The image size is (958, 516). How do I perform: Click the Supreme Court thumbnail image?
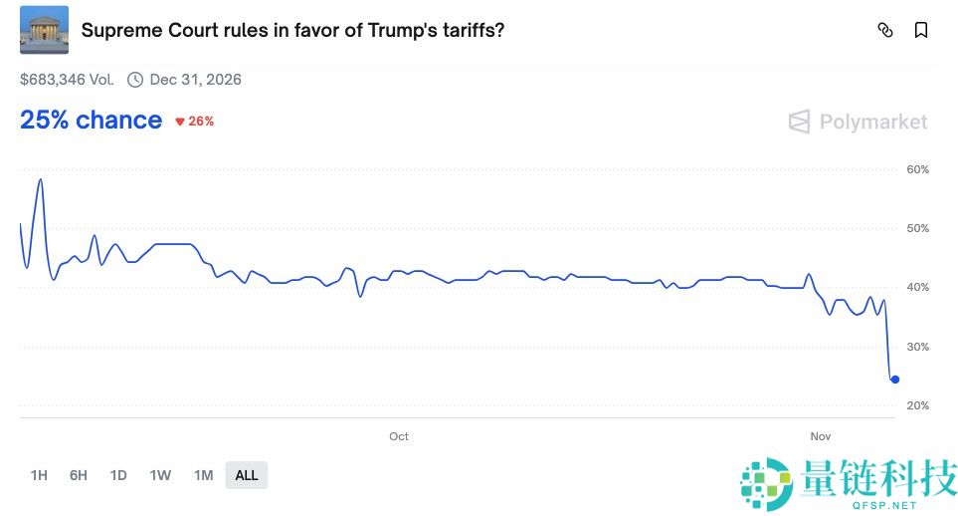pos(44,30)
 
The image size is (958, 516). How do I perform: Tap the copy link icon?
pos(884,30)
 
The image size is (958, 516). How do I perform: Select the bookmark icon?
pos(921,30)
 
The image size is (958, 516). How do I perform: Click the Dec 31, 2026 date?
pos(195,80)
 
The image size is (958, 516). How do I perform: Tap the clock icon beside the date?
pos(135,80)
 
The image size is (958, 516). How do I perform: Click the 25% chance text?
pos(91,121)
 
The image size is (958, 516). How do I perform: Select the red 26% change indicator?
pos(195,122)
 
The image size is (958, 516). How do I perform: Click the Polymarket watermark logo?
pos(858,122)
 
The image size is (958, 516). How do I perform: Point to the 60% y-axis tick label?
pos(917,169)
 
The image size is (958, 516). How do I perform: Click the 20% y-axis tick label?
pos(917,405)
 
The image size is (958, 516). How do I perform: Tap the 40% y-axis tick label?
pos(917,287)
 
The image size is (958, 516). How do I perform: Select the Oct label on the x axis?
pos(399,436)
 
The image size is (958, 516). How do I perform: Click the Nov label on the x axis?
pos(821,436)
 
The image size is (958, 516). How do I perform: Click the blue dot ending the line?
pos(895,380)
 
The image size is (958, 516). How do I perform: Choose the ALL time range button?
pos(247,475)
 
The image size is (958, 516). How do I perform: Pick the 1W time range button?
pos(160,475)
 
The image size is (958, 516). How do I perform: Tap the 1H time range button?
pos(39,475)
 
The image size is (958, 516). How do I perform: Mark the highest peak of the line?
pos(40,180)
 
